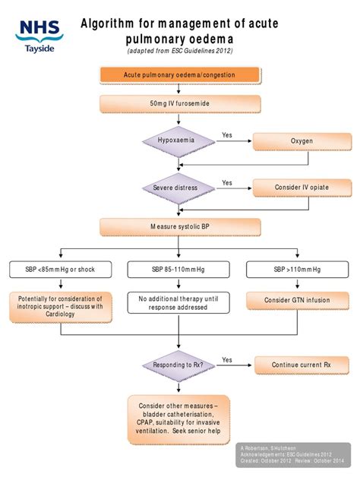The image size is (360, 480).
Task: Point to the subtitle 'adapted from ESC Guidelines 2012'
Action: pos(179,51)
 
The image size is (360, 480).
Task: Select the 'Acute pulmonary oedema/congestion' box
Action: pos(179,74)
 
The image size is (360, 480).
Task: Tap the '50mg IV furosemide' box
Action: pos(179,103)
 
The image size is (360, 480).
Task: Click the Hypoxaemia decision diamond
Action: pos(179,141)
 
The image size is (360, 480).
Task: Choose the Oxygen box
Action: pos(302,141)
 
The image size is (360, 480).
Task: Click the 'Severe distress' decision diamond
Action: pos(179,187)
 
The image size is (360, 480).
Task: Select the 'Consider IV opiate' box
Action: pos(302,187)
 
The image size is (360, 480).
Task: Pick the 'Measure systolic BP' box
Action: pos(179,226)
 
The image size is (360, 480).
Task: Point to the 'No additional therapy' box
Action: pos(179,302)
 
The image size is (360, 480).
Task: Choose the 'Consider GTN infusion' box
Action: pos(298,300)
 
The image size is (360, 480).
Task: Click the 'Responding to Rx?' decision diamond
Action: pos(179,365)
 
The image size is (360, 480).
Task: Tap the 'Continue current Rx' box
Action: pos(302,365)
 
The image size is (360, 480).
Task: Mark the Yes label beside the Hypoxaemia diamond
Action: pos(227,135)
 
